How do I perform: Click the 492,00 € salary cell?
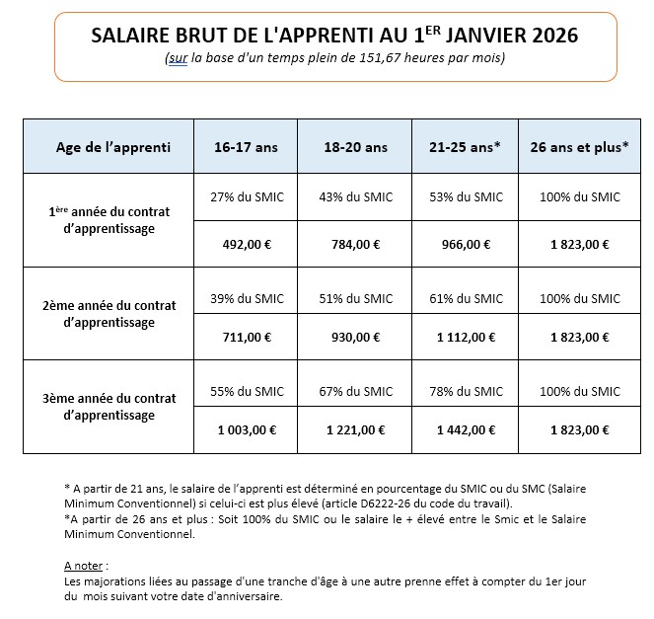[247, 244]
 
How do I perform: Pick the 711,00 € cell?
[247, 337]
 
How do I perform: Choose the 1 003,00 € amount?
[247, 429]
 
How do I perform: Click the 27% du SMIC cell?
[247, 197]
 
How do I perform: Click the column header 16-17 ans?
[247, 148]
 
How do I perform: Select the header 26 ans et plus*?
[580, 148]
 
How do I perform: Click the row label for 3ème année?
[109, 407]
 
